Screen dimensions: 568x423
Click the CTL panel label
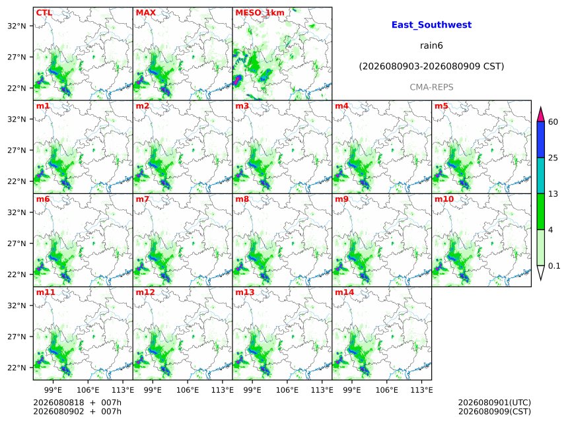pos(44,13)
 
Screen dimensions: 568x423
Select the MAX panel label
pos(145,13)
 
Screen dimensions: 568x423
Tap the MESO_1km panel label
pos(260,13)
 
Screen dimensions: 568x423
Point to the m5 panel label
pos(441,106)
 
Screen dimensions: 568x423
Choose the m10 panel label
pos(444,199)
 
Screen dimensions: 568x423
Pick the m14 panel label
pos(344,292)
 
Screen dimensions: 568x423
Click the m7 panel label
pos(143,199)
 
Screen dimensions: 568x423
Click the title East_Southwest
pos(431,25)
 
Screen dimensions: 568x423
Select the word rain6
pos(431,46)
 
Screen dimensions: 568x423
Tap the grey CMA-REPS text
pos(431,87)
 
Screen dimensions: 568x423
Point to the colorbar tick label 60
pos(553,122)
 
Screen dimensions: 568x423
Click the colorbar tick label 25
pos(553,158)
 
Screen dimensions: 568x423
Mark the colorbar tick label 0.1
pos(554,266)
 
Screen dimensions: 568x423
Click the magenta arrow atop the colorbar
pos(540,114)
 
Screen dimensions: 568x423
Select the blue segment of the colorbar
pos(540,140)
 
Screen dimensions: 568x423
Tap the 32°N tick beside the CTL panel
pos(17,26)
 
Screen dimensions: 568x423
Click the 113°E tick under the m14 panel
pos(421,390)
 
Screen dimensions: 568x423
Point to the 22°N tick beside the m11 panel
pos(17,368)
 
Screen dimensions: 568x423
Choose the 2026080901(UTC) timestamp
pos(495,403)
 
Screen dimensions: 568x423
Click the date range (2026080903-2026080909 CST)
pos(431,67)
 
